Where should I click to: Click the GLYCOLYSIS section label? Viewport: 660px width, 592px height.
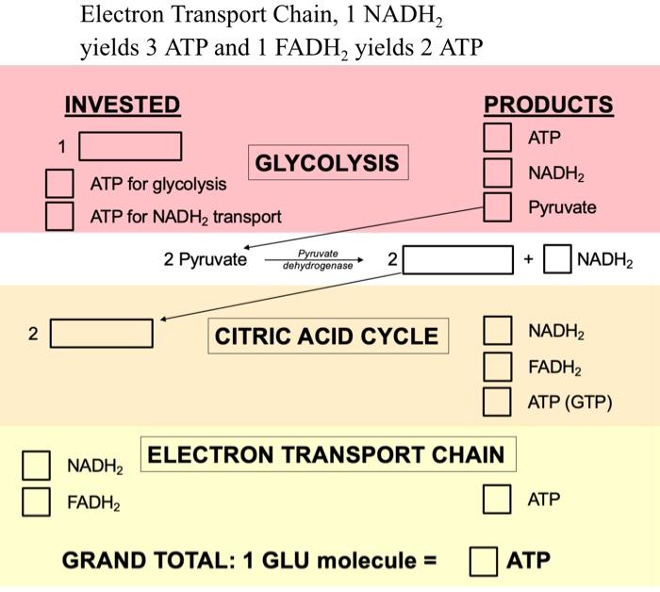tap(327, 163)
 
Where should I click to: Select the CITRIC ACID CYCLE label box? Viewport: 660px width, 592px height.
tap(327, 337)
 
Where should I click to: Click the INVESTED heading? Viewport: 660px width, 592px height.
tap(122, 105)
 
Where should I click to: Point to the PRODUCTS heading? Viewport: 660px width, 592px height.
tap(548, 105)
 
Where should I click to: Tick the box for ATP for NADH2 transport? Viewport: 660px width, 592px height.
tap(60, 216)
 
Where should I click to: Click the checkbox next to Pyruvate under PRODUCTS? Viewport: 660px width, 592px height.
tap(498, 206)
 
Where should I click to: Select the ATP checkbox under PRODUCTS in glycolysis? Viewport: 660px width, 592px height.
tap(498, 138)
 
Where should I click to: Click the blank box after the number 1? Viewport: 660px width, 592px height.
tap(130, 147)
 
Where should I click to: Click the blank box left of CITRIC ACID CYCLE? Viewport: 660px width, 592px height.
tap(102, 334)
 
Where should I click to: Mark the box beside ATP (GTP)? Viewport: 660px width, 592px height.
tap(498, 402)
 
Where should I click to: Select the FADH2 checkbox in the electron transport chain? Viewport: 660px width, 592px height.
tap(37, 502)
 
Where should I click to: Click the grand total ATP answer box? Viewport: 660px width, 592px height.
tap(484, 561)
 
